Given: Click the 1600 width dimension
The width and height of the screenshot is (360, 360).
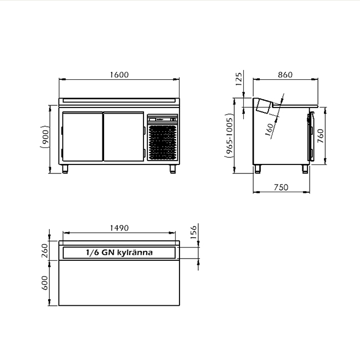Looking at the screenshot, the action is (119, 75).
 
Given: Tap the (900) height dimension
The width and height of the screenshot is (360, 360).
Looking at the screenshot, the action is (45, 136).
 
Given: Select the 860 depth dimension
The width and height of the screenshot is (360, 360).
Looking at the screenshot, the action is (285, 75).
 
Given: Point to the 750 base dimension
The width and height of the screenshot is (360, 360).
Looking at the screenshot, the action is (281, 187).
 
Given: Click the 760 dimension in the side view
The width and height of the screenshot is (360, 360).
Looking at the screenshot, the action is (320, 136).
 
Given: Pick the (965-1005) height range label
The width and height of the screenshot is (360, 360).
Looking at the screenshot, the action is (229, 136).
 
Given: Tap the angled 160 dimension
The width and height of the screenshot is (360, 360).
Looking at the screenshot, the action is (269, 130).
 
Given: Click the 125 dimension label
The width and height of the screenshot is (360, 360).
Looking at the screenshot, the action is (239, 79).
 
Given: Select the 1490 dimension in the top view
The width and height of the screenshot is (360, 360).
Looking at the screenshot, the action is (119, 228).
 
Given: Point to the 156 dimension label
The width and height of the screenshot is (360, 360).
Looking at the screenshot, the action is (193, 232).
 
